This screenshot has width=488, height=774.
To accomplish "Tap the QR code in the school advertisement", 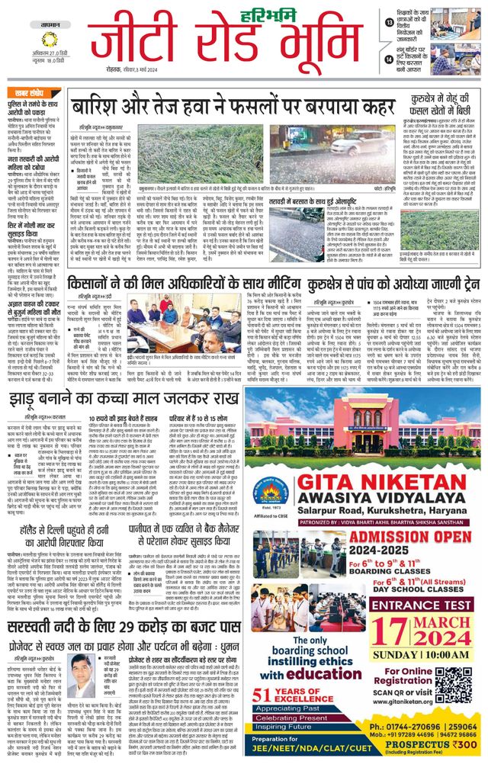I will [x=454, y=683].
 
